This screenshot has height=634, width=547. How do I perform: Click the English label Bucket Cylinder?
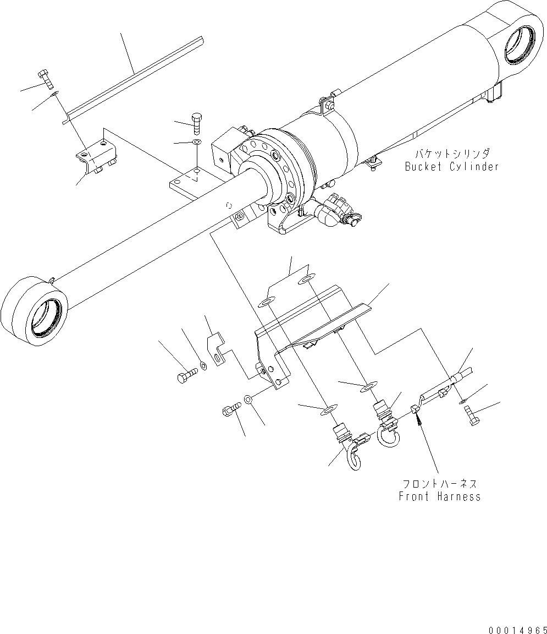pyautogui.click(x=452, y=166)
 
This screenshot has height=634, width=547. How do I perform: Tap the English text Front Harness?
pyautogui.click(x=439, y=496)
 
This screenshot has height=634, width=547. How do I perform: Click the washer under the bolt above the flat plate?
pyautogui.click(x=197, y=143)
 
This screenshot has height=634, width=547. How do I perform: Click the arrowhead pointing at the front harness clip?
pyautogui.click(x=419, y=421)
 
